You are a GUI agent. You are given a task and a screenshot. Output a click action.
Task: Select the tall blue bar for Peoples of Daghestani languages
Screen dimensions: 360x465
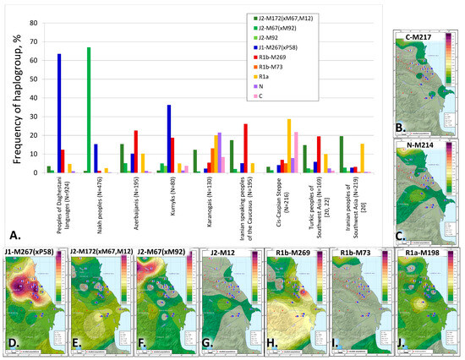pos(59,113)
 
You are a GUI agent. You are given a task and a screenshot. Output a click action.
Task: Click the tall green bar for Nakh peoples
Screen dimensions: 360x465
pos(89,110)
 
